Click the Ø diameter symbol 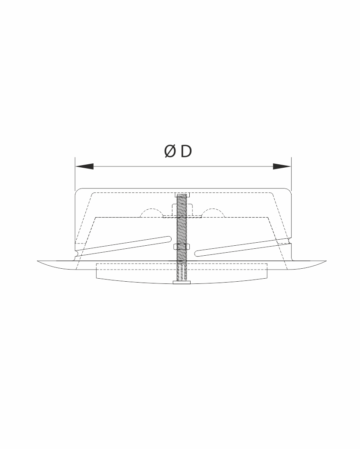(170, 151)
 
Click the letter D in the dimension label (186, 151)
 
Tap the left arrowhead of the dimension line (84, 166)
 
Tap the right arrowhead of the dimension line (282, 166)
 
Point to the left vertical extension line (75, 174)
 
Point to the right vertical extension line (291, 174)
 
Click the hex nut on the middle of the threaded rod (182, 247)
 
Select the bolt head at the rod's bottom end (182, 283)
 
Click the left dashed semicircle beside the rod (151, 212)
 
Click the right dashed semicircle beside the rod (212, 212)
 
